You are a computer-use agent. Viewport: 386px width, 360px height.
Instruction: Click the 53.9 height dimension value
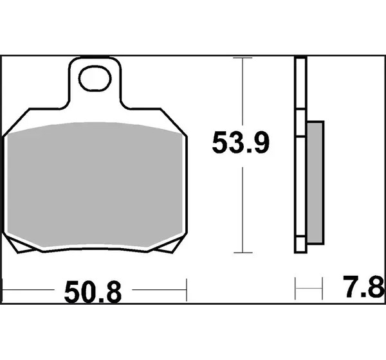241,143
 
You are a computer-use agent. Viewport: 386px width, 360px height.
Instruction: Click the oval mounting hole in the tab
95,78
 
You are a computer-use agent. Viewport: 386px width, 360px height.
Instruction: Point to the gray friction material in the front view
95,184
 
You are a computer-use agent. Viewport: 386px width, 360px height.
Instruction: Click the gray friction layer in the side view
315,183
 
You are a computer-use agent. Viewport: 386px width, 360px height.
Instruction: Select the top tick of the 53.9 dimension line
243,58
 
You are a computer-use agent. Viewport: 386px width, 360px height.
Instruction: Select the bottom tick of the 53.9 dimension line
243,253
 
